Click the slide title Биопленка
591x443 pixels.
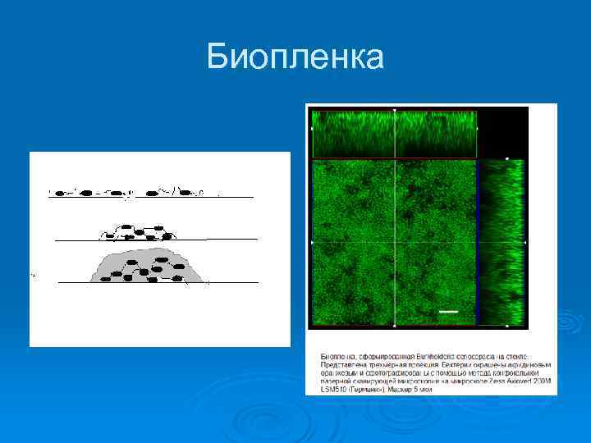pyautogui.click(x=295, y=57)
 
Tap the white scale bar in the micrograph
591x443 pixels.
pyautogui.click(x=448, y=312)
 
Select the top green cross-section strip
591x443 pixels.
pyautogui.click(x=395, y=133)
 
